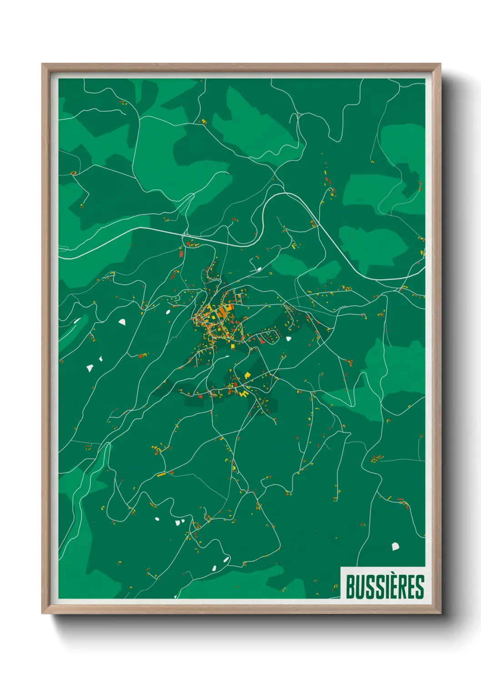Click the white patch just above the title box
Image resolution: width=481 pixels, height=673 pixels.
[x=396, y=546]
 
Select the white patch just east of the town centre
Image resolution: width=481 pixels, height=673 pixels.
[x=288, y=339]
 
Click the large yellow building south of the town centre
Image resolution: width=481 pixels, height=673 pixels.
[x=247, y=375]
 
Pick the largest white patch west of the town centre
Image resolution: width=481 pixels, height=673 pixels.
[x=122, y=322]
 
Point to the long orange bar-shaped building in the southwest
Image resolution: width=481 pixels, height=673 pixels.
[x=161, y=474]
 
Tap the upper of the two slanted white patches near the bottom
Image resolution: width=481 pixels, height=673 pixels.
[x=226, y=559]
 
